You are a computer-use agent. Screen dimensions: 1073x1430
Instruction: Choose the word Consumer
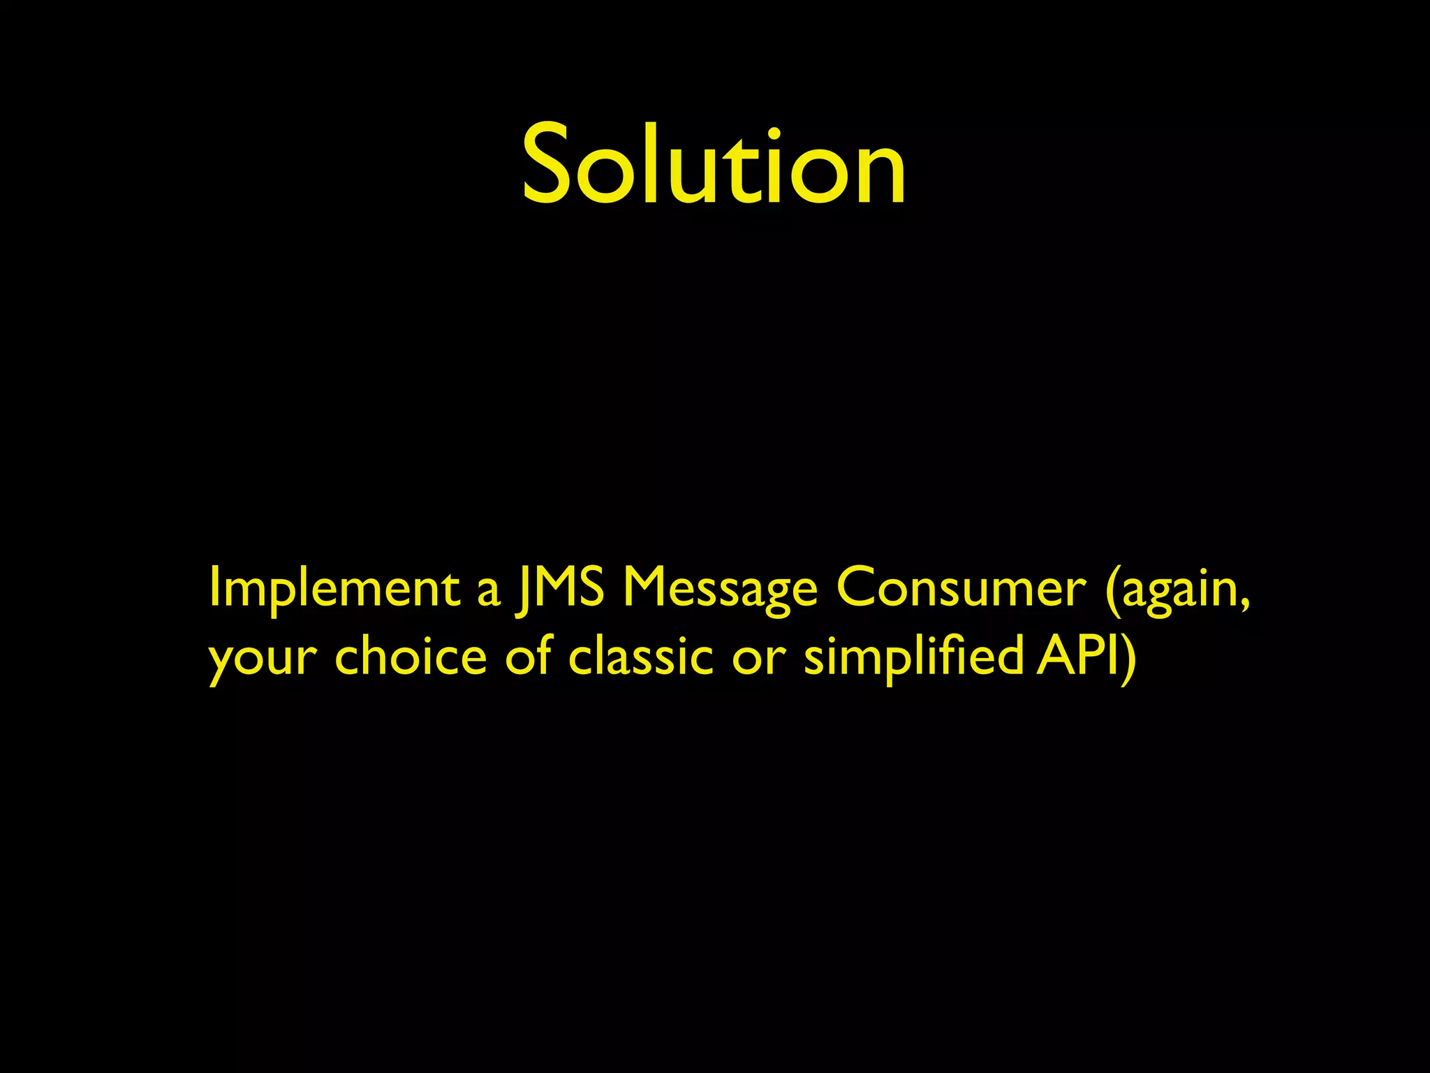click(961, 587)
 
